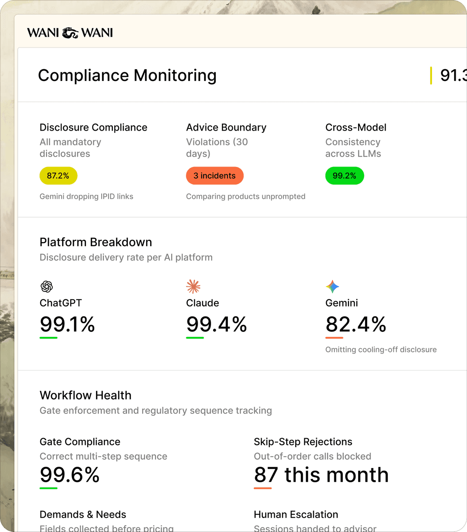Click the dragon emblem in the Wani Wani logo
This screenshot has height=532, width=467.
click(70, 33)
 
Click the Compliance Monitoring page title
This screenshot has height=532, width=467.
click(127, 75)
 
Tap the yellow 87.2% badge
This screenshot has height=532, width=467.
click(58, 176)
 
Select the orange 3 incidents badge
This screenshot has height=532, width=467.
click(214, 176)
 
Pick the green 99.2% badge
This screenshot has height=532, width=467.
click(344, 176)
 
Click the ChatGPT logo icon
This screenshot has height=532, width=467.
click(46, 286)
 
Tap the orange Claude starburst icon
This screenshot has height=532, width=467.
click(193, 286)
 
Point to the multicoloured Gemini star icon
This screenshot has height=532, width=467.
click(332, 286)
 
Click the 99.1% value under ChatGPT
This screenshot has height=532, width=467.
click(67, 324)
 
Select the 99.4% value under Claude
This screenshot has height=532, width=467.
click(216, 324)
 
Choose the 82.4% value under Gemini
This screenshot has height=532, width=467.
click(355, 324)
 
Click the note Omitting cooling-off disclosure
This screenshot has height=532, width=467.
click(381, 349)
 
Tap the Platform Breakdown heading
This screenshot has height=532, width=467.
click(96, 242)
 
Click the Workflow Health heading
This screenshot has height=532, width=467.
click(85, 395)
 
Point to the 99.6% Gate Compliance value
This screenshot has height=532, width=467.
click(70, 475)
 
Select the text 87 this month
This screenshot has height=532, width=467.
click(321, 475)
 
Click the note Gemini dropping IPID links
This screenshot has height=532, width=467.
click(86, 196)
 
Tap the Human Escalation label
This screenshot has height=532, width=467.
click(296, 514)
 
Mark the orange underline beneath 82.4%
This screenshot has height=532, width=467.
click(334, 338)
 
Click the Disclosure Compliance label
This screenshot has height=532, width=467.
click(93, 128)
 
